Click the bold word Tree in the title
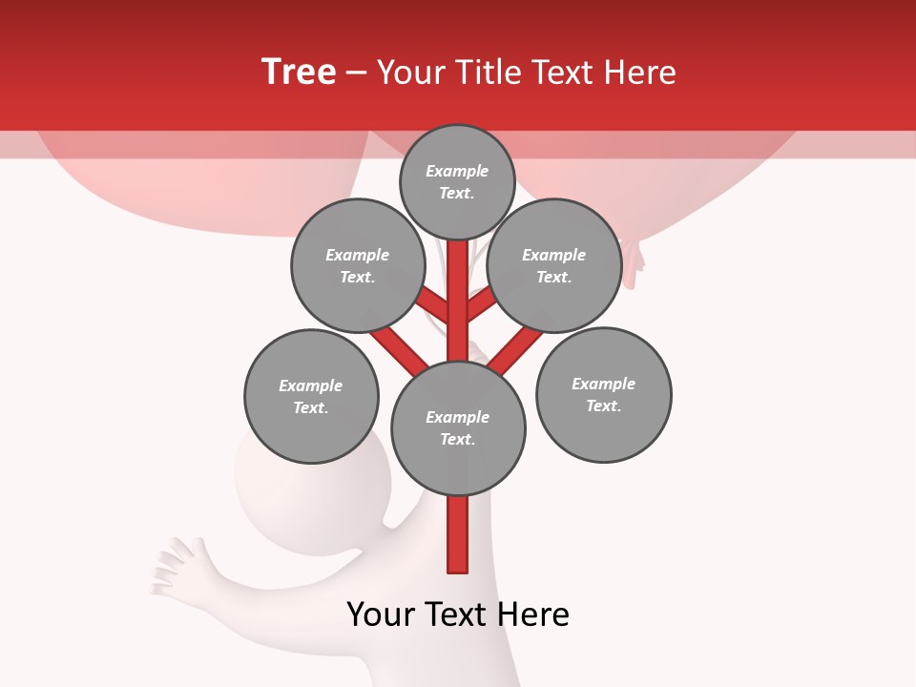pyautogui.click(x=299, y=72)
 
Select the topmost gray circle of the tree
pyautogui.click(x=457, y=181)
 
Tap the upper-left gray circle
pyautogui.click(x=357, y=266)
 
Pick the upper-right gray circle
pyautogui.click(x=553, y=266)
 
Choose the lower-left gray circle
pyautogui.click(x=311, y=397)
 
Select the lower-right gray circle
pyautogui.click(x=603, y=395)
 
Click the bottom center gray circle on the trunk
pyautogui.click(x=458, y=428)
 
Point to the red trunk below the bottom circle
pyautogui.click(x=458, y=534)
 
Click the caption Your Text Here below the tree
pyautogui.click(x=458, y=614)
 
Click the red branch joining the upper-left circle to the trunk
pyautogui.click(x=434, y=306)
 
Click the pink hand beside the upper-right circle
pyautogui.click(x=633, y=261)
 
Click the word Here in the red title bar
pyautogui.click(x=645, y=73)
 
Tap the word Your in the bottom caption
pyautogui.click(x=381, y=614)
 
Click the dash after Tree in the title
pyautogui.click(x=356, y=73)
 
